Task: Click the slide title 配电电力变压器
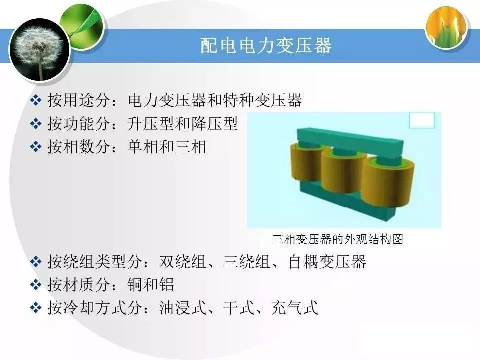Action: click(266, 46)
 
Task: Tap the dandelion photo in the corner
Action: click(40, 50)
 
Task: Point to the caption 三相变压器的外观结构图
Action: click(338, 239)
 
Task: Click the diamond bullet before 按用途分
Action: click(36, 100)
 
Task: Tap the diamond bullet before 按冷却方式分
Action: click(36, 307)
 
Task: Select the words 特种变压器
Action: click(263, 100)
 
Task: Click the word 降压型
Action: click(214, 123)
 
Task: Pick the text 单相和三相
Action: click(167, 146)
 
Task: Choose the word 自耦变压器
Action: click(327, 261)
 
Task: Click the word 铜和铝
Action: click(151, 284)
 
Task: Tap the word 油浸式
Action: click(183, 307)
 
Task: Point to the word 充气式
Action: click(295, 307)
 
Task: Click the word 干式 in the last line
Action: click(239, 307)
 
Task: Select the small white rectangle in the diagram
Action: click(422, 120)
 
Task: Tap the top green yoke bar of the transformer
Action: click(350, 139)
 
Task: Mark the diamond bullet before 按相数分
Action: click(36, 146)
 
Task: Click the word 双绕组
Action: click(183, 261)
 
